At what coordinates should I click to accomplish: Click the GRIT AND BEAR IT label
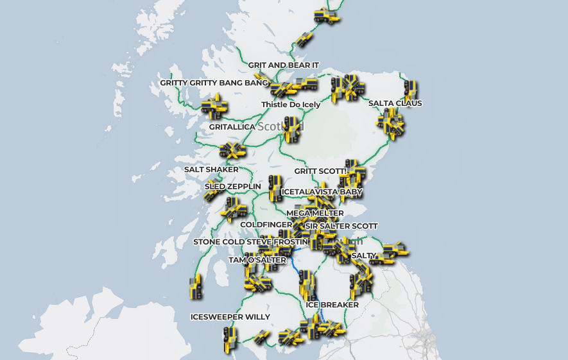(x=284, y=65)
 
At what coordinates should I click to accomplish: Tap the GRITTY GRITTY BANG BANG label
(x=214, y=83)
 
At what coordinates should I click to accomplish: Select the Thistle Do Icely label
(x=291, y=105)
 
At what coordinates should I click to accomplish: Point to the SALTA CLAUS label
(x=395, y=103)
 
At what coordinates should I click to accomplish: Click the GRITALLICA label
(x=232, y=127)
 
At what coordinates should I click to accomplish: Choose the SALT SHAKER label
(x=211, y=169)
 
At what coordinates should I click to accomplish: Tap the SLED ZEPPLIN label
(x=233, y=187)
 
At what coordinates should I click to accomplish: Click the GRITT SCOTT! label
(x=320, y=171)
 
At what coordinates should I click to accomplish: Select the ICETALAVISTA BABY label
(x=322, y=192)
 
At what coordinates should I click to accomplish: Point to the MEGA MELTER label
(x=315, y=213)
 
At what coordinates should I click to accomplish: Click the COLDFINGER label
(x=266, y=225)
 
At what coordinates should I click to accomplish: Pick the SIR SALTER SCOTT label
(x=341, y=226)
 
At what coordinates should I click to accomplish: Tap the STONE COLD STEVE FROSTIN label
(x=246, y=242)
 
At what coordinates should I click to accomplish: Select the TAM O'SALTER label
(x=257, y=260)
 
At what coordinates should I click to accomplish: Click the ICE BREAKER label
(x=332, y=305)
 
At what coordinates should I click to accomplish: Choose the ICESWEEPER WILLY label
(x=230, y=317)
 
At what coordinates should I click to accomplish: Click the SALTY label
(x=364, y=255)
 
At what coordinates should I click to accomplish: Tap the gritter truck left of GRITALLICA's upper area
(x=214, y=107)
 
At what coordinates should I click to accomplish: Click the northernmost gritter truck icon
(x=327, y=16)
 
